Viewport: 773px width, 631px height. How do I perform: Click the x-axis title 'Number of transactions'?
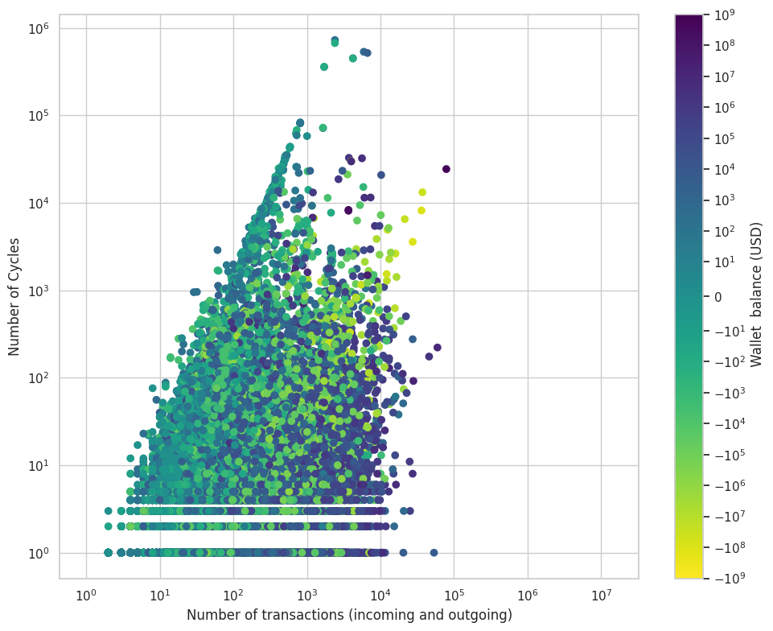point(349,615)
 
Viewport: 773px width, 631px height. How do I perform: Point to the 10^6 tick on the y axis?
point(39,28)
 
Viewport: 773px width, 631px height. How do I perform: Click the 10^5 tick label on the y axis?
point(39,116)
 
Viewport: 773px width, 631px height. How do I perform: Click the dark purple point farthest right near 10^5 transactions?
point(446,169)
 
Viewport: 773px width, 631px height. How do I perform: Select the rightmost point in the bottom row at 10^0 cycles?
point(434,553)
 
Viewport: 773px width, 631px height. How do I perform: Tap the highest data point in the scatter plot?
point(335,40)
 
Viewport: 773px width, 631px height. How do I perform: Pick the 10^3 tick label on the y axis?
point(39,291)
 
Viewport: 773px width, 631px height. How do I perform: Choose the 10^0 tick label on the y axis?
point(39,553)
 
